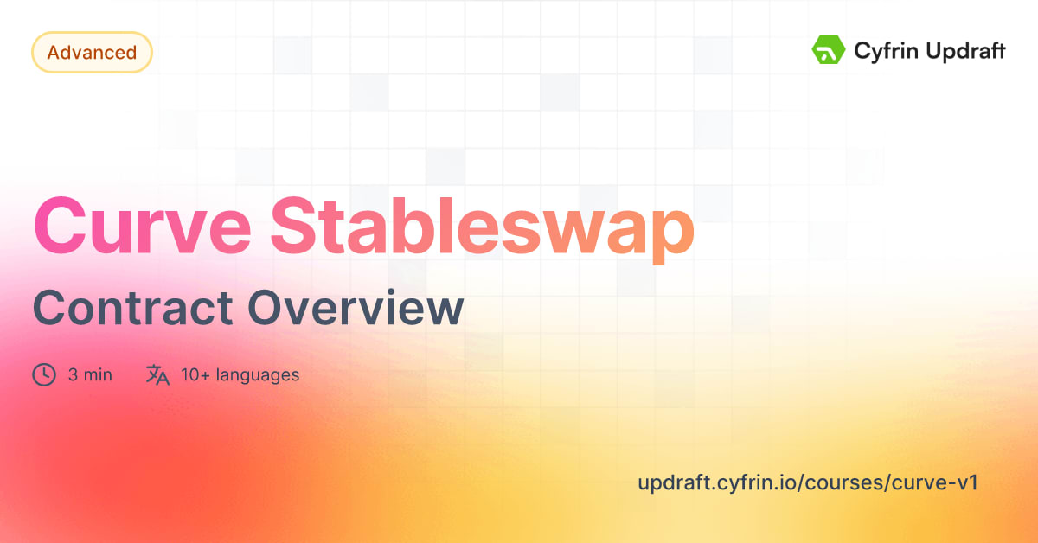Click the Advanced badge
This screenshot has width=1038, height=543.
pyautogui.click(x=92, y=53)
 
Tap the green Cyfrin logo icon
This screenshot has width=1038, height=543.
pyautogui.click(x=828, y=50)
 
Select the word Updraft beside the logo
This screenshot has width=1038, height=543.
pyautogui.click(x=963, y=52)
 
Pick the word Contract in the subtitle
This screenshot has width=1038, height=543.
pyautogui.click(x=132, y=309)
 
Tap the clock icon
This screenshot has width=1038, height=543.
pyautogui.click(x=44, y=375)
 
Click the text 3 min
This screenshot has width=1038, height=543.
pyautogui.click(x=90, y=375)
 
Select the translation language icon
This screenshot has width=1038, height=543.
pyautogui.click(x=157, y=375)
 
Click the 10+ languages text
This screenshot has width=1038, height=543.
pyautogui.click(x=240, y=375)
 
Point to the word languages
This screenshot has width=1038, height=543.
pyautogui.click(x=257, y=375)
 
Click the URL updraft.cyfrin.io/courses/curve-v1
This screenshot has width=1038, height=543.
pyautogui.click(x=807, y=482)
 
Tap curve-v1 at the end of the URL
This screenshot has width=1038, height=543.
pyautogui.click(x=945, y=482)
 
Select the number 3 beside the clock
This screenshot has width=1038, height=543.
pyautogui.click(x=74, y=375)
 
